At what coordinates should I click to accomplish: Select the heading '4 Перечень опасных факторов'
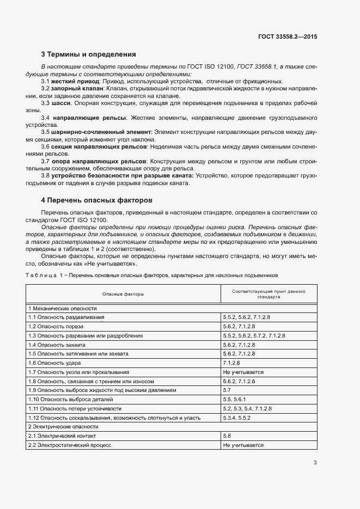point(97,200)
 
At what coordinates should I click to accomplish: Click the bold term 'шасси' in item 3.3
point(60,103)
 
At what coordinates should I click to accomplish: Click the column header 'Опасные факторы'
point(123,295)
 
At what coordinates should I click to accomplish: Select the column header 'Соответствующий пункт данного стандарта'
point(268,295)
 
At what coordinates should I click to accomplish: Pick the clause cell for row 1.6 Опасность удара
point(231,363)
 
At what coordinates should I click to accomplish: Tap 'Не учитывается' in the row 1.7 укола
point(243,372)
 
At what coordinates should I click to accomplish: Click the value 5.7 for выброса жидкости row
point(227,390)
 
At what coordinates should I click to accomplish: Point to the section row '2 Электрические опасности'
point(63,427)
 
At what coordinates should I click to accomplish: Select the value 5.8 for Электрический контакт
point(227,436)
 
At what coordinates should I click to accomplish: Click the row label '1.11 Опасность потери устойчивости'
point(75,408)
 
